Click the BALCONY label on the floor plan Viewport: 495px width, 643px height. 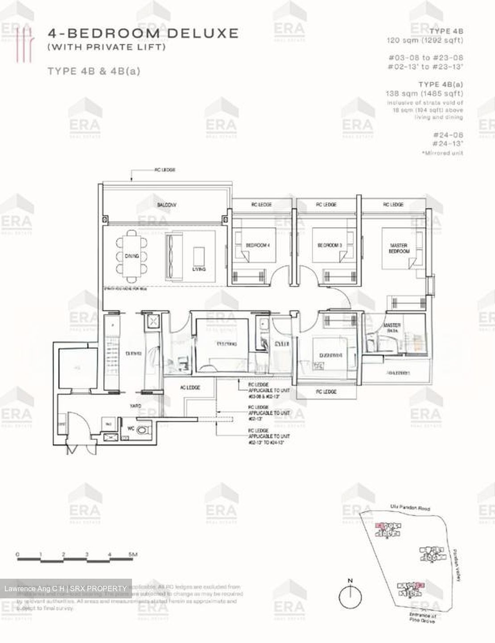point(166,205)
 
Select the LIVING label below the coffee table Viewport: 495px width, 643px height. point(199,269)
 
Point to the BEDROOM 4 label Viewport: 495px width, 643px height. point(258,245)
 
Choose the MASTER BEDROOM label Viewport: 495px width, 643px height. point(399,248)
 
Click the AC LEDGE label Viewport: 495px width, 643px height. point(190,388)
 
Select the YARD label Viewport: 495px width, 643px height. point(136,406)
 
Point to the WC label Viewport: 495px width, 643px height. point(131,428)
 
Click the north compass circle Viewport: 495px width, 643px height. point(350,596)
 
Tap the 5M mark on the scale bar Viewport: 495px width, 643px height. point(132,555)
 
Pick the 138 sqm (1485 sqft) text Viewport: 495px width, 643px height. point(424,93)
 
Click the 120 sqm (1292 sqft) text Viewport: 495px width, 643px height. point(425,40)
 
